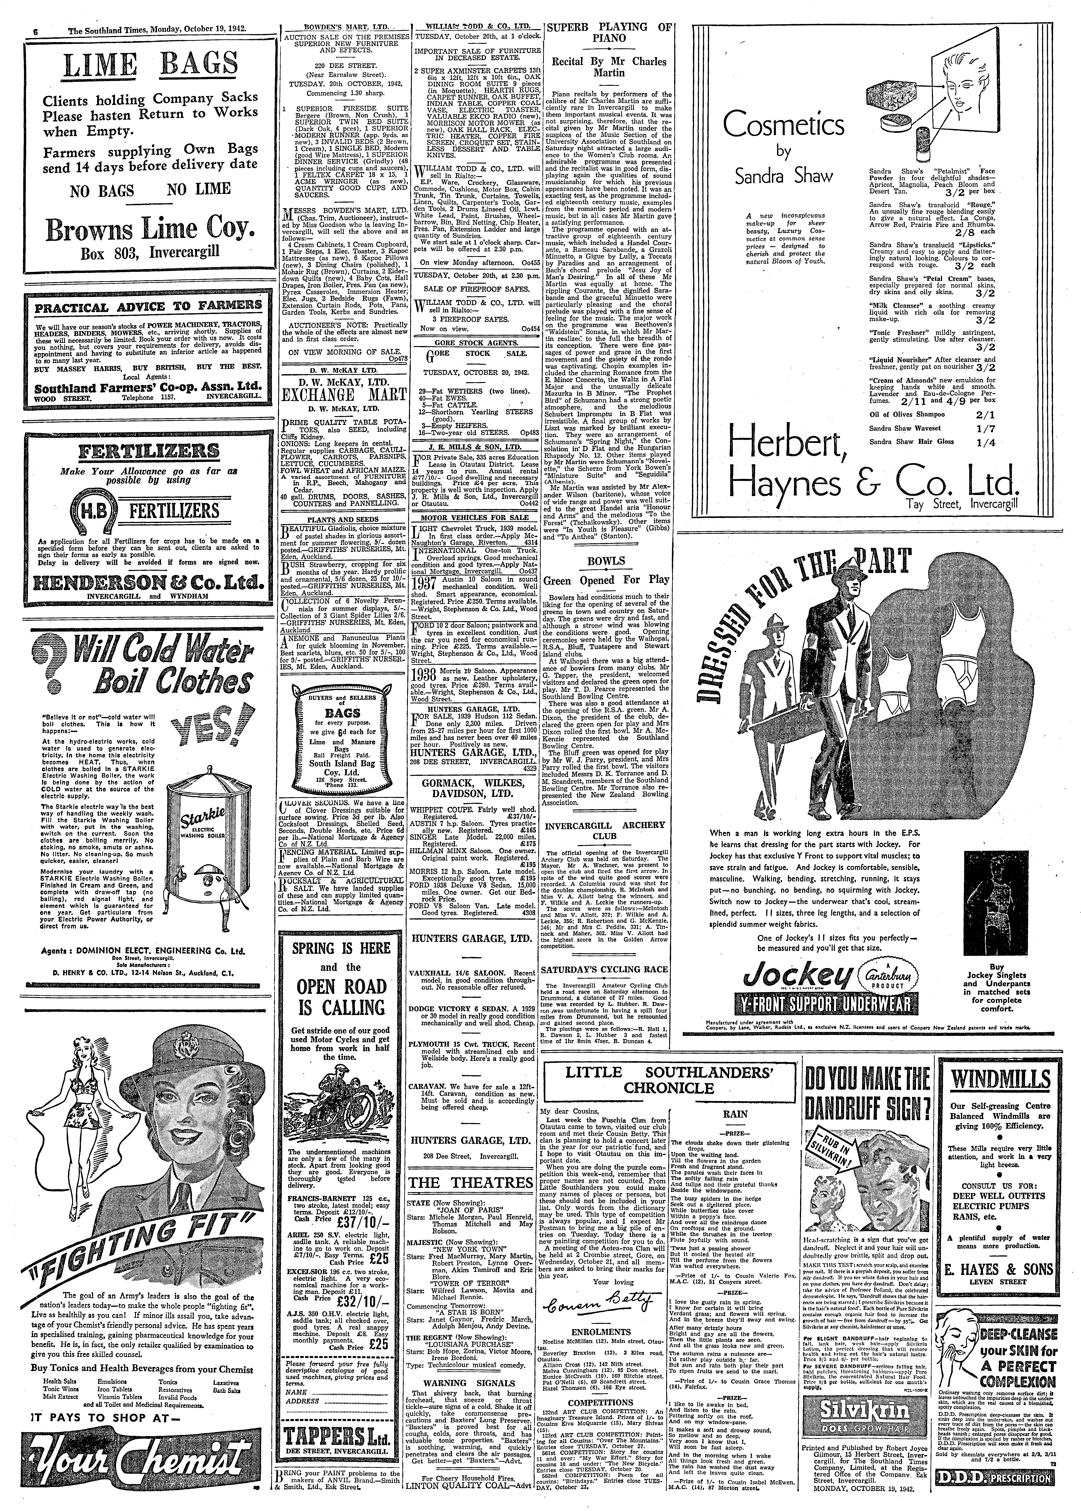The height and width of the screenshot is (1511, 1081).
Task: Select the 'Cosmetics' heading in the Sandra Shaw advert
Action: [x=784, y=125]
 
